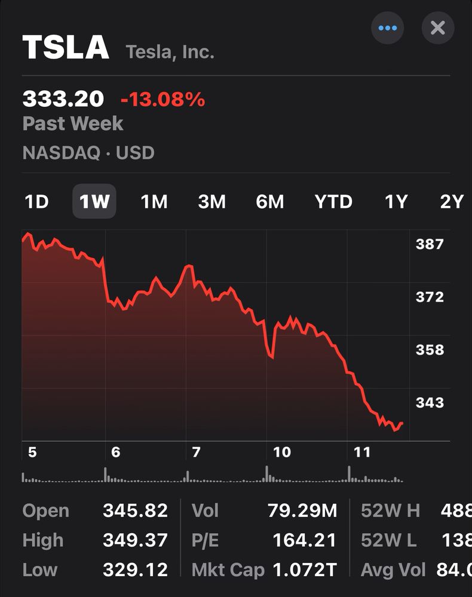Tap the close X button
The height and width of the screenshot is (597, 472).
click(x=438, y=28)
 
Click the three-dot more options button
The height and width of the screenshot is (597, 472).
click(x=387, y=28)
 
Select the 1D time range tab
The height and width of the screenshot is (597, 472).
click(x=36, y=202)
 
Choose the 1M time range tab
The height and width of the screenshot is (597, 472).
click(x=154, y=202)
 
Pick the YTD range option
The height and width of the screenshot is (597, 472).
click(x=333, y=202)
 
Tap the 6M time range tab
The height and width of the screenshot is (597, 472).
click(x=270, y=202)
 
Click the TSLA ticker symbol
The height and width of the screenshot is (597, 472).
click(x=66, y=48)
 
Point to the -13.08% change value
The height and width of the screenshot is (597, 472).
click(x=163, y=99)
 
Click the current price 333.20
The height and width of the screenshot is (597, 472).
click(x=63, y=99)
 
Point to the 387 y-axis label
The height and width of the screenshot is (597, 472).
click(x=430, y=244)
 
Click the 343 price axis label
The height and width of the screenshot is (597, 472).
click(x=430, y=402)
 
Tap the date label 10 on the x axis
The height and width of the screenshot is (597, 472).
click(x=281, y=452)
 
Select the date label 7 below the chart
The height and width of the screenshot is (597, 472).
click(x=196, y=452)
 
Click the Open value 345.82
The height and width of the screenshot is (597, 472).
click(x=135, y=511)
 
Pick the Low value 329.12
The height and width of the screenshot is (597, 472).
click(x=135, y=570)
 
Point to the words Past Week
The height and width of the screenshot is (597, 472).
click(x=72, y=124)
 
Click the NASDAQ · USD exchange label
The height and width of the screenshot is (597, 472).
click(x=88, y=153)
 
